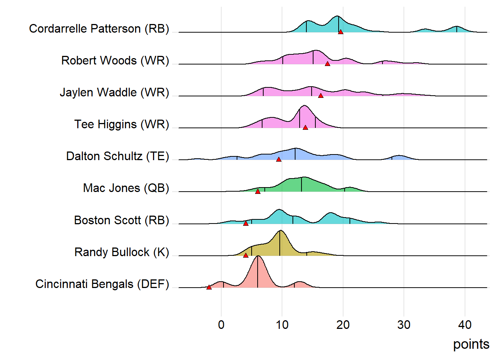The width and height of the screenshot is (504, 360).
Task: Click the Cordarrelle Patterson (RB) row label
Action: point(99,28)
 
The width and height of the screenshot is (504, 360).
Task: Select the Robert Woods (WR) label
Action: point(115,60)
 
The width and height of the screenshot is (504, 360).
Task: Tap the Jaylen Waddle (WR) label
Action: point(114,92)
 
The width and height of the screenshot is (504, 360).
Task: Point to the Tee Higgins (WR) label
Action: point(121,124)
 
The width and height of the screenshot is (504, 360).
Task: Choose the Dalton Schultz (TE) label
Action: point(117,156)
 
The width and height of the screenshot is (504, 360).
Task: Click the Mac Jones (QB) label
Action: point(126,188)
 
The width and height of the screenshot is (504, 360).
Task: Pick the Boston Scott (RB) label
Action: point(121,220)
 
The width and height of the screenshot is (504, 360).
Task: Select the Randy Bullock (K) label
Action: point(121,252)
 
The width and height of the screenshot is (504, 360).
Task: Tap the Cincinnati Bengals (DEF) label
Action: point(102,284)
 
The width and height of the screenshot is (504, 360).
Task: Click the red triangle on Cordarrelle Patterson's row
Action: point(340,32)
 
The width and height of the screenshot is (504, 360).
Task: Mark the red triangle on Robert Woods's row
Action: point(327,64)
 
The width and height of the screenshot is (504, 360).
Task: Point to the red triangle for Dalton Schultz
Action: point(279,159)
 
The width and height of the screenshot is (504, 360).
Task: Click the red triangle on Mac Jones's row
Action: point(258,191)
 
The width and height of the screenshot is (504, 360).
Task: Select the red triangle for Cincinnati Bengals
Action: point(209,287)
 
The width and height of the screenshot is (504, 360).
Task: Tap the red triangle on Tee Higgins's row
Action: point(305,127)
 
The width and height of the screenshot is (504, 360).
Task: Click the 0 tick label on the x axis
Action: point(221,325)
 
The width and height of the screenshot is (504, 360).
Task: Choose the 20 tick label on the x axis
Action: point(343,325)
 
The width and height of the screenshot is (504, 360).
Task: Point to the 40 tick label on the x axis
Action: point(465,325)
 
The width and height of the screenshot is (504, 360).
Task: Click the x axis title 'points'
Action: point(471,344)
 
